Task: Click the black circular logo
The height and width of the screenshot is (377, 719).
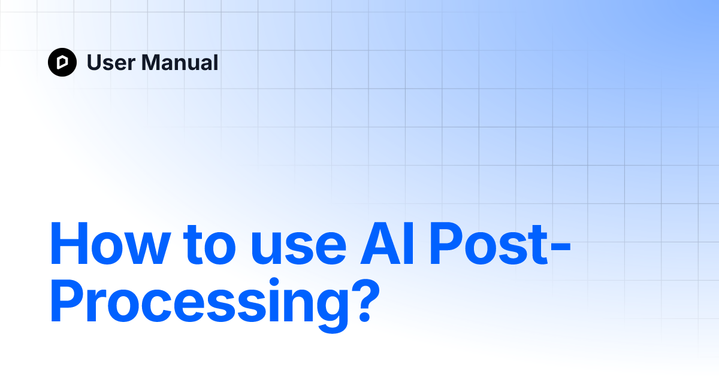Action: point(62,62)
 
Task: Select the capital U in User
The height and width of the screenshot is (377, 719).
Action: point(94,62)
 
